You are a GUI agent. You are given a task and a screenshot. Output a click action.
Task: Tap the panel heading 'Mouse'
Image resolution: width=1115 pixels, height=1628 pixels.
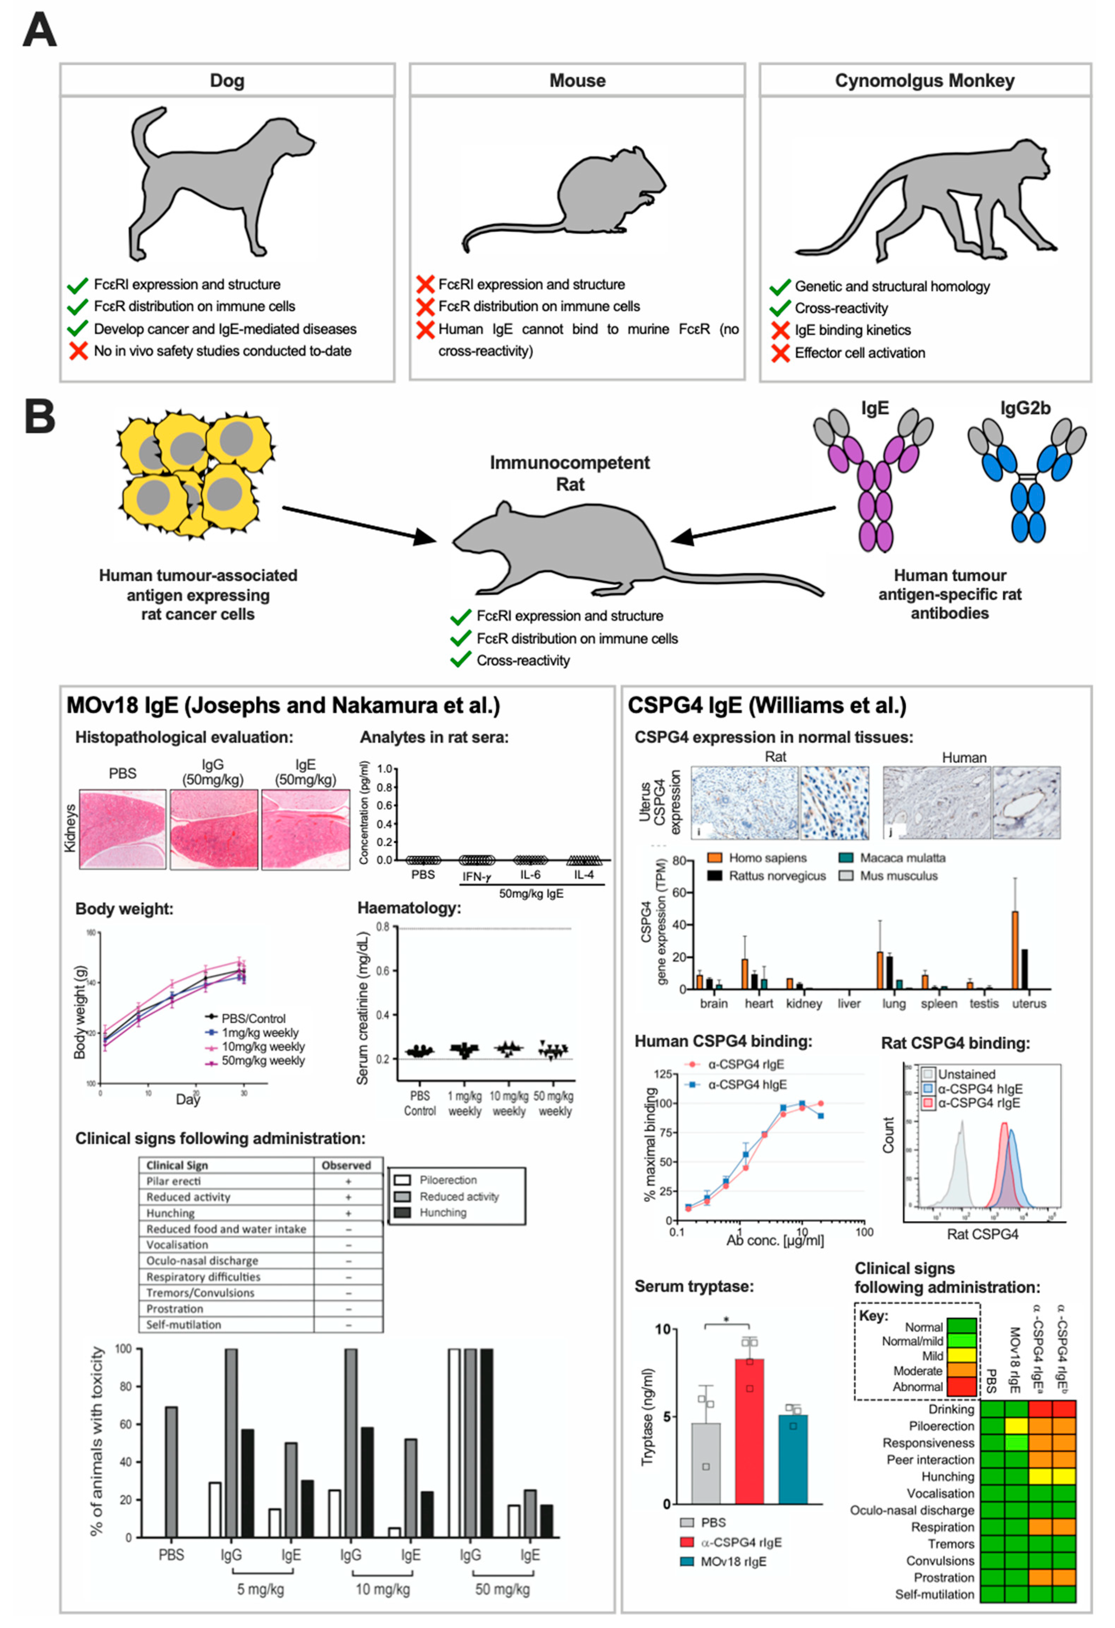point(577,81)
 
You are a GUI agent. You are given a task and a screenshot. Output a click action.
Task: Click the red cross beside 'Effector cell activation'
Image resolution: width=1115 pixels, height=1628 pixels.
point(780,353)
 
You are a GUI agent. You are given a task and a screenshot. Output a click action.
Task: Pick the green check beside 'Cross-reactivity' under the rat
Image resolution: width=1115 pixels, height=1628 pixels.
point(460,661)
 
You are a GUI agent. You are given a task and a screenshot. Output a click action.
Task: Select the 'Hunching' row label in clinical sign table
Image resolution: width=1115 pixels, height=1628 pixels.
point(170,1213)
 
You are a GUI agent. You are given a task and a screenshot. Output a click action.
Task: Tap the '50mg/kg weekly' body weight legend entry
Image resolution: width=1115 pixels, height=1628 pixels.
point(263,1061)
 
